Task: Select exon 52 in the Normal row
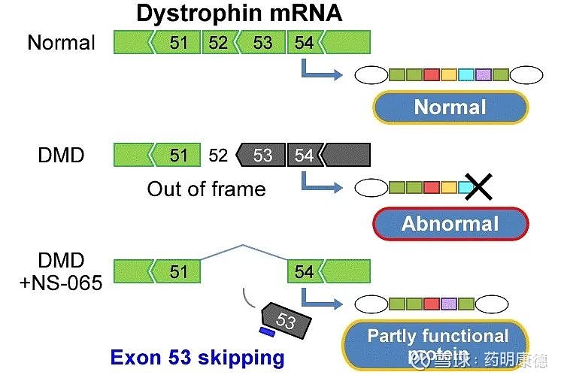pyautogui.click(x=217, y=42)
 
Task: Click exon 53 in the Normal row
pyautogui.click(x=262, y=42)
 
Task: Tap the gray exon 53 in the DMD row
pyautogui.click(x=262, y=156)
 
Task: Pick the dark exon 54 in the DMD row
pyautogui.click(x=304, y=156)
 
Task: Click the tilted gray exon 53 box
pyautogui.click(x=286, y=322)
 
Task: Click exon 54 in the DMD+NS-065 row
pyautogui.click(x=304, y=271)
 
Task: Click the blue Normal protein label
pyautogui.click(x=450, y=107)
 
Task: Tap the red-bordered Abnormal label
pyautogui.click(x=450, y=222)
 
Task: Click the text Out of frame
pyautogui.click(x=206, y=188)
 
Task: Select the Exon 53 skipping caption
pyautogui.click(x=197, y=357)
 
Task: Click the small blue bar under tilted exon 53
pyautogui.click(x=265, y=331)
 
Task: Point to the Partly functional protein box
pyautogui.click(x=437, y=342)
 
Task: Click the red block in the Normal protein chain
pyautogui.click(x=431, y=74)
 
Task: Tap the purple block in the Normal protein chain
pyautogui.click(x=484, y=74)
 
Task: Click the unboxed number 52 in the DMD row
pyautogui.click(x=218, y=156)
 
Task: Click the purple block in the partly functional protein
pyautogui.click(x=449, y=304)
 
